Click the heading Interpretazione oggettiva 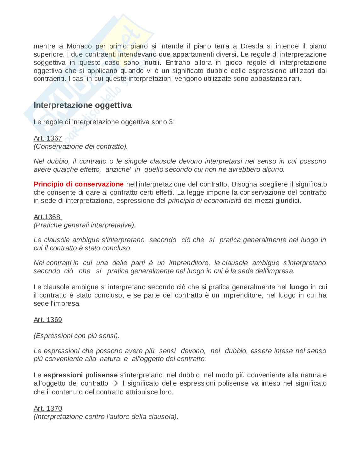(82, 105)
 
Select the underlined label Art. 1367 (48, 138)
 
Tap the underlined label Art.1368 (47, 217)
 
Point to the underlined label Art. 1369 (48, 320)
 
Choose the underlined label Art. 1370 (48, 409)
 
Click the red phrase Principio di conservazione (79, 184)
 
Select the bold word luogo (298, 287)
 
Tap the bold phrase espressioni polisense (81, 375)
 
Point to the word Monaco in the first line (79, 46)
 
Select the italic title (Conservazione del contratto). (81, 147)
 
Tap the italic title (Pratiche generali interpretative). (85, 225)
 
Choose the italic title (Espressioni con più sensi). (77, 336)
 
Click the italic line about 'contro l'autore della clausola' (106, 417)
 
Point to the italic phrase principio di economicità (205, 201)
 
